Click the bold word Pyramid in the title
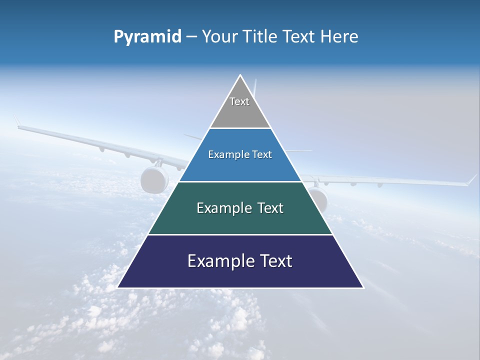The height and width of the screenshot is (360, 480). (147, 37)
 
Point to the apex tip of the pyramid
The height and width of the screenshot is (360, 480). (240, 76)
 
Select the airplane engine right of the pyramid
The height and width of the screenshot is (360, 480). (318, 198)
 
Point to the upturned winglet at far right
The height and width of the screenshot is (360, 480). (471, 179)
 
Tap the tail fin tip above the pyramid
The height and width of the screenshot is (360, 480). (255, 81)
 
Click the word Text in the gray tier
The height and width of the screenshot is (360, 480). (239, 101)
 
